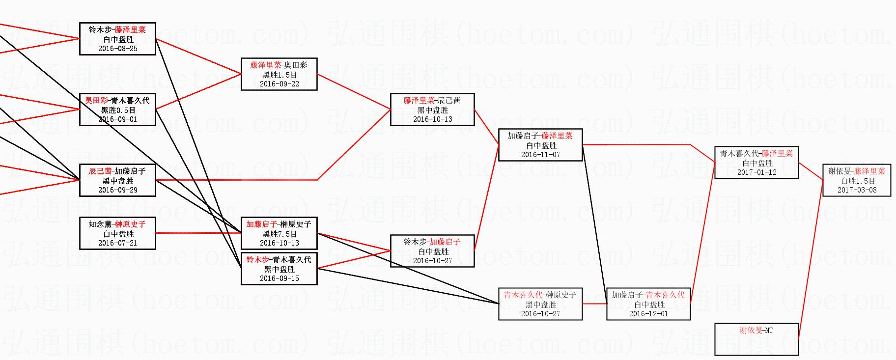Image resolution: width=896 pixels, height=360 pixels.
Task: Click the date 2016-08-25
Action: tap(117, 49)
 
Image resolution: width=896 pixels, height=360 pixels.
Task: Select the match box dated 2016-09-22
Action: tap(279, 74)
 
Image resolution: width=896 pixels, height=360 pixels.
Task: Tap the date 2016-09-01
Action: tap(117, 119)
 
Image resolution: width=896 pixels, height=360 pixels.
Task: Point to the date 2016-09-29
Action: tap(117, 190)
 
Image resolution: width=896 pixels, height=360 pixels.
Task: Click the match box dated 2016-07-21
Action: tap(117, 233)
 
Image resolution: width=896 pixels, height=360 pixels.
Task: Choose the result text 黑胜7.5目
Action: tap(279, 234)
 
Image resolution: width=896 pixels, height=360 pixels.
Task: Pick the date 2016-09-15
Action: tap(279, 278)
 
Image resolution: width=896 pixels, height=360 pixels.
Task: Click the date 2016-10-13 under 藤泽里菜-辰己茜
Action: tap(432, 119)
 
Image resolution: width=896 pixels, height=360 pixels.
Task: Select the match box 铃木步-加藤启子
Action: tap(432, 251)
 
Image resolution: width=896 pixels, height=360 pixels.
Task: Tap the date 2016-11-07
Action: tap(540, 155)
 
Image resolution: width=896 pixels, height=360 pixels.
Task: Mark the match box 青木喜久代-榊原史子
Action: tap(540, 304)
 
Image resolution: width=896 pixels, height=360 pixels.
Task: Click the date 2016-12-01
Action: tap(648, 314)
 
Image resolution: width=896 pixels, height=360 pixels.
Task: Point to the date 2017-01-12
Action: tap(756, 172)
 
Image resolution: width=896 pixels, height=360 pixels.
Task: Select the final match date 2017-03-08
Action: tap(857, 190)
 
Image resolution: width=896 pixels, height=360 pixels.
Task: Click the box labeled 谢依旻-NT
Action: tap(756, 339)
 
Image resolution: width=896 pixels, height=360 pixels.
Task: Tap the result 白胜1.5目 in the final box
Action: tap(857, 181)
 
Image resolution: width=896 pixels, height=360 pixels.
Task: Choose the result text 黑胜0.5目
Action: tap(118, 110)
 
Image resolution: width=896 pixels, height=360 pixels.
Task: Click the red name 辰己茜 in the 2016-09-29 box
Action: tap(100, 171)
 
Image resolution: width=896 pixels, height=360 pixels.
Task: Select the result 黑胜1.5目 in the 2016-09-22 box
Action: tap(279, 75)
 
